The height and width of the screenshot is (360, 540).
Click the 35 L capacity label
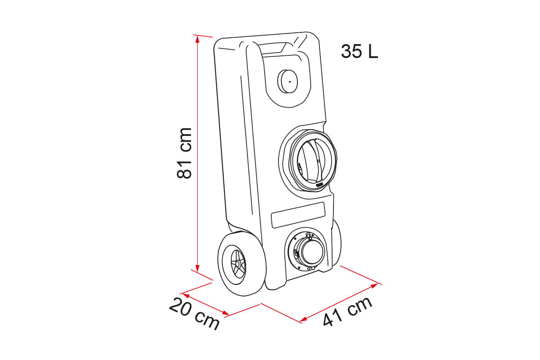click(x=359, y=52)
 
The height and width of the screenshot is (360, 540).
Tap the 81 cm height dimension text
click(x=184, y=153)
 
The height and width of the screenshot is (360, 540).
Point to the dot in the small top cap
click(x=290, y=82)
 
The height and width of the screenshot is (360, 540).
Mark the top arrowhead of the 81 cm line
click(x=197, y=38)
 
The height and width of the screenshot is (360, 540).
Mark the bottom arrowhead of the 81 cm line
click(x=197, y=267)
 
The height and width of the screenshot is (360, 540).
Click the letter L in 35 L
click(x=373, y=52)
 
